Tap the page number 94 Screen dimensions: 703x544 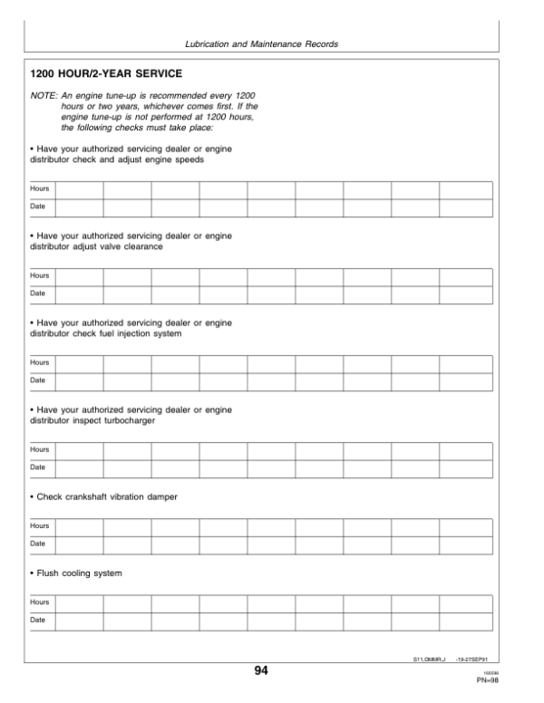tap(261, 670)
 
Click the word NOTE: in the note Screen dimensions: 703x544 tap(43, 95)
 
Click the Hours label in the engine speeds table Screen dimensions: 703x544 tap(39, 189)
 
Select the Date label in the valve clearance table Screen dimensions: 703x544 tap(38, 293)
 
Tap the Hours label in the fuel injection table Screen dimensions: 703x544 tap(39, 362)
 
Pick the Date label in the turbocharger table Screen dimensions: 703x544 tap(38, 467)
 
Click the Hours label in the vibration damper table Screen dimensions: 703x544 tap(39, 525)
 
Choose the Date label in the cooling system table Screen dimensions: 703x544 tap(38, 620)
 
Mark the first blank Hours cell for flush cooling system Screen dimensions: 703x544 tap(79, 602)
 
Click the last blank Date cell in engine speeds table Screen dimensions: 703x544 tap(465, 207)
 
